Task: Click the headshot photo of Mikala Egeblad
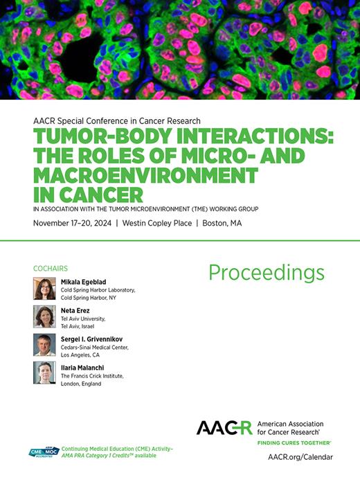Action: (x=44, y=289)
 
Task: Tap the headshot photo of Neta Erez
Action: (x=44, y=316)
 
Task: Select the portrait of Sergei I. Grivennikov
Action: (x=44, y=345)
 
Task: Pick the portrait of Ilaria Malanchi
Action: (x=44, y=373)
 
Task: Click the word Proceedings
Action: (x=266, y=274)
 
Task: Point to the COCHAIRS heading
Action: (x=50, y=268)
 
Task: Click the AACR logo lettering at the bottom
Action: (x=224, y=427)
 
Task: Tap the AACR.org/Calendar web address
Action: (x=300, y=457)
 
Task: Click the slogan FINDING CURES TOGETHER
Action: (x=294, y=442)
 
